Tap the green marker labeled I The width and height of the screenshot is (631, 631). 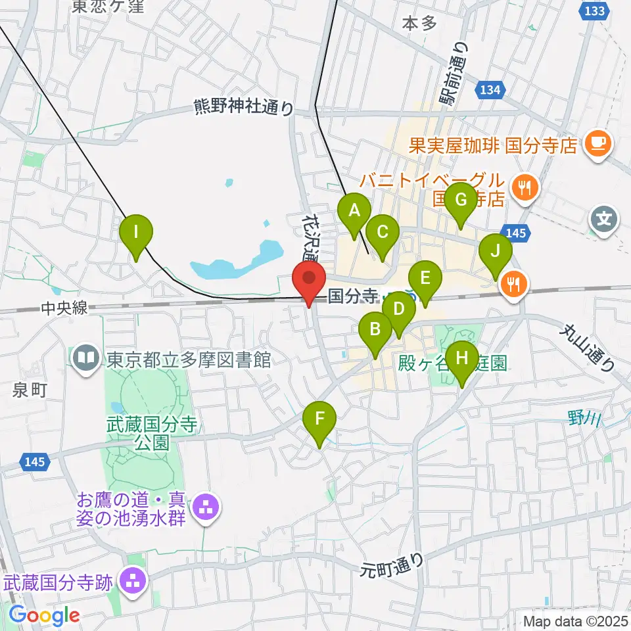pos(137,231)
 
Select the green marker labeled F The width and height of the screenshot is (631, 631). pos(320,419)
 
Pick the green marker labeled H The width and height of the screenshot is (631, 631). pos(462,358)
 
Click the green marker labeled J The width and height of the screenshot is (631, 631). pos(496,250)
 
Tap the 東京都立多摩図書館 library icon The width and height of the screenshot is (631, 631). pos(86,360)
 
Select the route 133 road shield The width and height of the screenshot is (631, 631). pos(594,11)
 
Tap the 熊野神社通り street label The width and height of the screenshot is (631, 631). pos(244,106)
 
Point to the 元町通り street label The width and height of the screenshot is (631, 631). pos(394,565)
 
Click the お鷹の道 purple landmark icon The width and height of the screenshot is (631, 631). pos(206,507)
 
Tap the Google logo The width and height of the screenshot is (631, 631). pos(45,615)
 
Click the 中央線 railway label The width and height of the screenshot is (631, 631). pos(64,308)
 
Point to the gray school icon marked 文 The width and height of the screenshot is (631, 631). pos(604,217)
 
